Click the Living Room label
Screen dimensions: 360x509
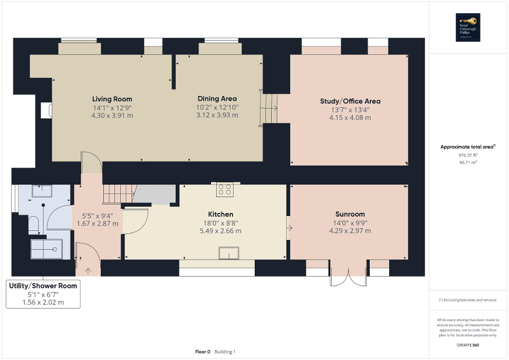(112, 99)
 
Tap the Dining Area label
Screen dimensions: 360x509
(217, 99)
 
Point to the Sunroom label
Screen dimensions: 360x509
(350, 215)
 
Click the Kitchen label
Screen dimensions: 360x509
(220, 215)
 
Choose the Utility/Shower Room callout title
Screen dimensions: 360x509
(43, 286)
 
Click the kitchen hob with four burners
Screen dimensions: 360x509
(225, 189)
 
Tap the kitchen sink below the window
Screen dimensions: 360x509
(229, 254)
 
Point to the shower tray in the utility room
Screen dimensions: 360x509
(46, 249)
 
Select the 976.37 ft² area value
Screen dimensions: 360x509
(467, 156)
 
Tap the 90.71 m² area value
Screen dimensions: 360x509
(467, 163)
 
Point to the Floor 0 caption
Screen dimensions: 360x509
(203, 352)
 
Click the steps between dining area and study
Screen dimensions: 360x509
(269, 108)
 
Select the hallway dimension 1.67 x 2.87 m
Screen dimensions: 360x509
(100, 223)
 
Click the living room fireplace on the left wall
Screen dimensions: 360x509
(46, 110)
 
